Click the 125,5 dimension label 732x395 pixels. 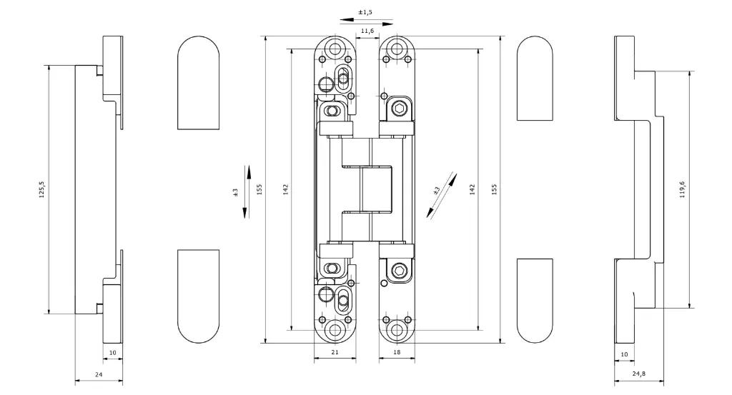[x=41, y=189]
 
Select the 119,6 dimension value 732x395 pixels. [x=682, y=189]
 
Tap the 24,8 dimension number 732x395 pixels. [x=638, y=374]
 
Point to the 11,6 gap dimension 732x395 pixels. [x=367, y=31]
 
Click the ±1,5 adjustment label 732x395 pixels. [x=365, y=12]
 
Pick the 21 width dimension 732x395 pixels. [x=335, y=352]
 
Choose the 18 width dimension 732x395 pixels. [x=397, y=352]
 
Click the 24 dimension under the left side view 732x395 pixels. [x=99, y=374]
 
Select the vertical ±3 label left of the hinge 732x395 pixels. [x=235, y=191]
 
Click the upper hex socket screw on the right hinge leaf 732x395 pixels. [x=398, y=110]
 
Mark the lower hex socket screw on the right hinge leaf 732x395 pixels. [x=398, y=271]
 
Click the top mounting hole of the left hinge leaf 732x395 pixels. [x=335, y=49]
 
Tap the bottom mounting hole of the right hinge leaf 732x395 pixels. [x=397, y=330]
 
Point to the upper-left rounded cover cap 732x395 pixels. [x=199, y=83]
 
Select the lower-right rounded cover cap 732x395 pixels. [x=535, y=301]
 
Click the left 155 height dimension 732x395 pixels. [x=259, y=189]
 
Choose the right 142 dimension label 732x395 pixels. [x=472, y=189]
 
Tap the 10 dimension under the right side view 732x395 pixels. [x=624, y=354]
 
